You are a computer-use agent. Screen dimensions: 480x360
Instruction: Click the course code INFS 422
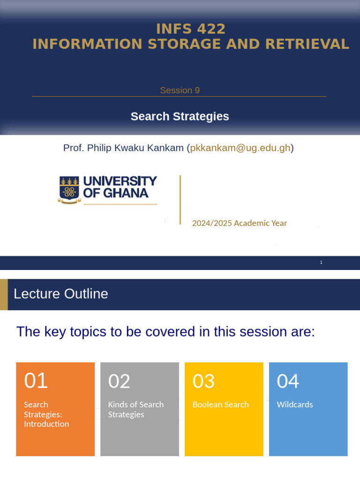(191, 29)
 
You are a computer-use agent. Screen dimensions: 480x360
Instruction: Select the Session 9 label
(180, 90)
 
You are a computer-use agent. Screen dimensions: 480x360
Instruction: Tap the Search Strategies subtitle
(180, 116)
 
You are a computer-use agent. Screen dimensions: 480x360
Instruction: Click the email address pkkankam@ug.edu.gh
(240, 148)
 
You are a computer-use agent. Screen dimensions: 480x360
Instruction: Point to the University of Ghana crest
(69, 189)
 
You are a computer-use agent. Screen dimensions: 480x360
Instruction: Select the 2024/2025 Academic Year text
(239, 223)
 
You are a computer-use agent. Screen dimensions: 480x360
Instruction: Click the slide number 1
(321, 262)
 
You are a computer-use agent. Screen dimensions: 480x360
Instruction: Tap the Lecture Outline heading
(61, 294)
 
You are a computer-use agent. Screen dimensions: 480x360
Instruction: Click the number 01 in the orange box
(36, 381)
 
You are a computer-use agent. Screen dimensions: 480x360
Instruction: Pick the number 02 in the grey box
(119, 381)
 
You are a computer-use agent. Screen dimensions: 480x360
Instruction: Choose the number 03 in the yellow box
(203, 381)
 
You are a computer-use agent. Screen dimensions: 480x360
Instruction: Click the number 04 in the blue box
(288, 381)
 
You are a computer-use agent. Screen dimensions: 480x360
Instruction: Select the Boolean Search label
(220, 405)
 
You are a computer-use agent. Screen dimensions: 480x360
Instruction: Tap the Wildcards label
(295, 405)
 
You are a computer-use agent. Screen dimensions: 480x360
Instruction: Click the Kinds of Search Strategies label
(136, 409)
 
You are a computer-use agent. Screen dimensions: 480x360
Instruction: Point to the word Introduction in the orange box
(46, 424)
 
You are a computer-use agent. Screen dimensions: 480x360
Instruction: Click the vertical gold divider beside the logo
(180, 200)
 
